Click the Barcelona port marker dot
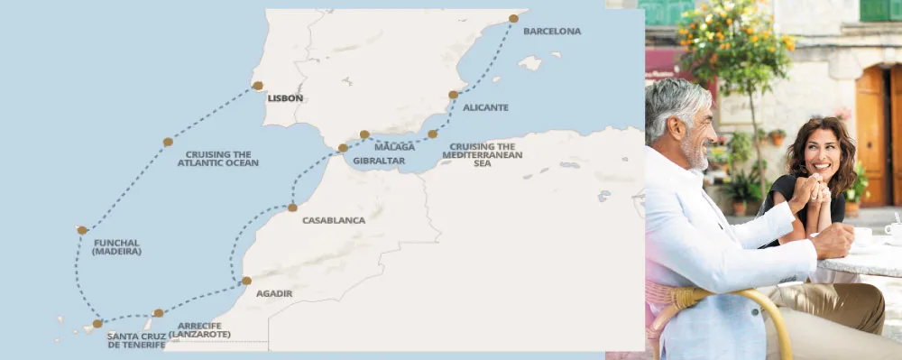[513, 18]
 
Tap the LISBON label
[285, 98]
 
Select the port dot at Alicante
[454, 94]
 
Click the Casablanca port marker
[292, 208]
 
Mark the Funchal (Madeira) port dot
[82, 230]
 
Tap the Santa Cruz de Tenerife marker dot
[97, 323]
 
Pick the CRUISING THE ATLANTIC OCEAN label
[217, 159]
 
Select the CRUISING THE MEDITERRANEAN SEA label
[483, 155]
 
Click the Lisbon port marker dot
[258, 86]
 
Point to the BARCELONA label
[552, 31]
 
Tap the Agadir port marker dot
[246, 281]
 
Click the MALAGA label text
[394, 146]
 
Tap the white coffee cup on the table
[861, 236]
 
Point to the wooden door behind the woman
[871, 135]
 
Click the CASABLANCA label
[334, 220]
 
